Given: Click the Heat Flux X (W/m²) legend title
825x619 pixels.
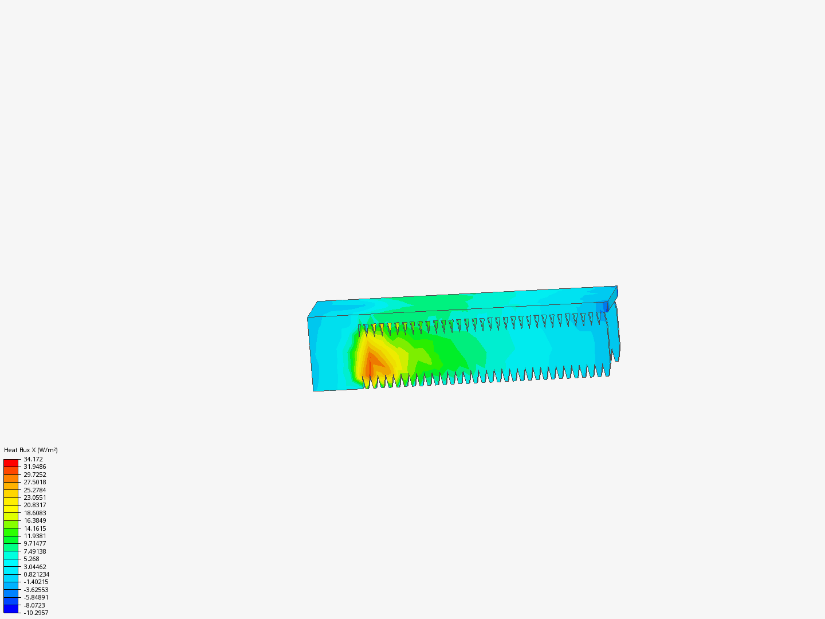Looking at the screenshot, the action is [x=31, y=450].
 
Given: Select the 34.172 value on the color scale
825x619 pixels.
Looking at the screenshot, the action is [x=33, y=459].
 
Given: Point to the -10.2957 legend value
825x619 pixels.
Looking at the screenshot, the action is [x=36, y=613].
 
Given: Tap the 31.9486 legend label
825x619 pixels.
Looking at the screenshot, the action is [x=34, y=467].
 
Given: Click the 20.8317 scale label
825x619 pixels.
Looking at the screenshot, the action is [x=34, y=505].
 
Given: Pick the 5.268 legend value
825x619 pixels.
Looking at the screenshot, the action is [x=31, y=559].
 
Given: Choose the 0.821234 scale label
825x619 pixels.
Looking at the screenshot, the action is [x=37, y=574].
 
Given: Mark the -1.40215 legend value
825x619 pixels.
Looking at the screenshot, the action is [x=36, y=582].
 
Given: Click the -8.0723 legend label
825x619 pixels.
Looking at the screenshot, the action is [x=34, y=605].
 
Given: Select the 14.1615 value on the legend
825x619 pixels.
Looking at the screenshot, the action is [x=34, y=528].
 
